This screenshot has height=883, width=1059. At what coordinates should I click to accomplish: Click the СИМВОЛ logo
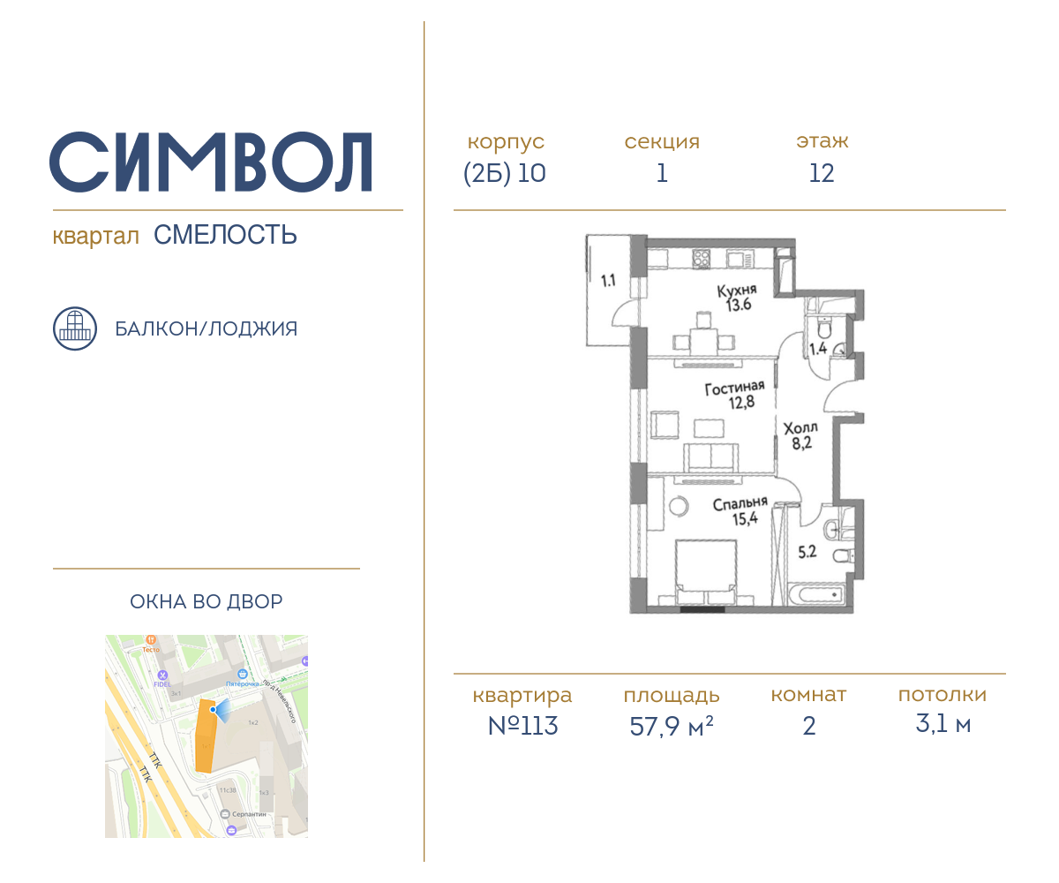tap(210, 162)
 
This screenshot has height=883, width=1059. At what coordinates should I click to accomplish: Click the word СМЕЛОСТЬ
tap(225, 235)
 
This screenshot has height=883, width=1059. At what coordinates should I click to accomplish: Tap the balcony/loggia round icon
tap(75, 328)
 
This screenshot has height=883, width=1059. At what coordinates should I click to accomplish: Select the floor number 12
tap(822, 173)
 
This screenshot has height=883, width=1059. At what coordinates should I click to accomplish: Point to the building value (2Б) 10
tap(505, 173)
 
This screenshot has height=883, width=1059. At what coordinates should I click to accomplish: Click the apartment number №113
tap(522, 726)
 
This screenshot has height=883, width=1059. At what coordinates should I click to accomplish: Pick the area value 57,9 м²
tap(671, 727)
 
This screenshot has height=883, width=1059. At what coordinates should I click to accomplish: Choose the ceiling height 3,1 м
tap(943, 725)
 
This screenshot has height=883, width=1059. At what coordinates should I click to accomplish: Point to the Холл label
tap(801, 428)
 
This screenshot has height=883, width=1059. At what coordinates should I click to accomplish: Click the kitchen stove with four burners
tap(702, 260)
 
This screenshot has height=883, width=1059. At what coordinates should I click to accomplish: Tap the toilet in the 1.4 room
tap(823, 328)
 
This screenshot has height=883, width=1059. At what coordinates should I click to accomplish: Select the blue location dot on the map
tap(214, 709)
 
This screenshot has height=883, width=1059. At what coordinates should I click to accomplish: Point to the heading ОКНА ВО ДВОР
tap(207, 602)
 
